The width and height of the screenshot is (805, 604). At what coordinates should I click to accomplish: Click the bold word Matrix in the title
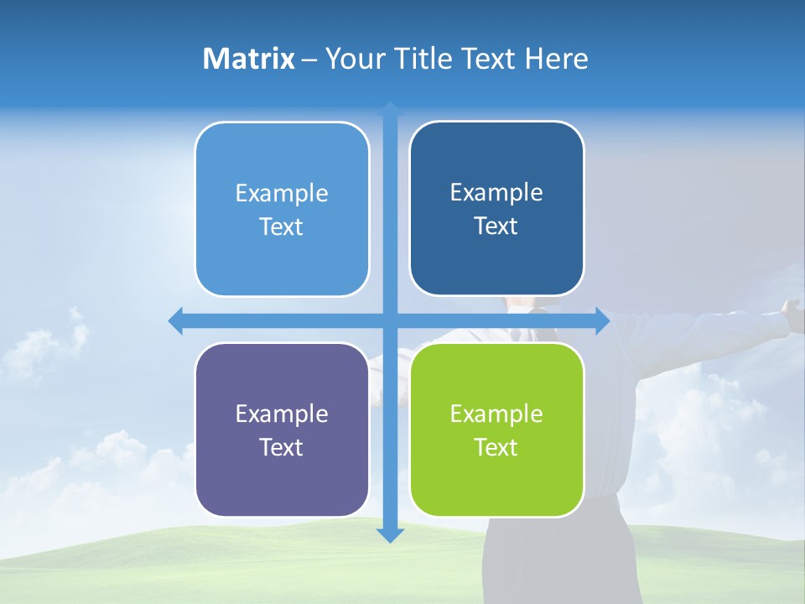(x=249, y=59)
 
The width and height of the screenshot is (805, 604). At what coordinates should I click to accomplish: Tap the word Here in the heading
(x=556, y=59)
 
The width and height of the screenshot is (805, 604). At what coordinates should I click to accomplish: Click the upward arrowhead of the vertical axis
(x=390, y=109)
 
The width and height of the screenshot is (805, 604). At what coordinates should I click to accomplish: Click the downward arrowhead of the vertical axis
(x=390, y=534)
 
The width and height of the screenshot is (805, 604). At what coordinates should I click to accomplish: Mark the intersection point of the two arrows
(x=390, y=320)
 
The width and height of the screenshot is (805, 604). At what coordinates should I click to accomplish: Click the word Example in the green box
(x=496, y=414)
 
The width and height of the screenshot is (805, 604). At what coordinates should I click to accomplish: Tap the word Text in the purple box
(x=282, y=447)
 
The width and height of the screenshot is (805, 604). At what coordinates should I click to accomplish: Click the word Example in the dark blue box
(x=496, y=193)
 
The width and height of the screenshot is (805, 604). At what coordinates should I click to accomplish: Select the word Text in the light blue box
(x=282, y=227)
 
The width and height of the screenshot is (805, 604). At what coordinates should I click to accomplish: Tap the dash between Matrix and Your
(x=309, y=60)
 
